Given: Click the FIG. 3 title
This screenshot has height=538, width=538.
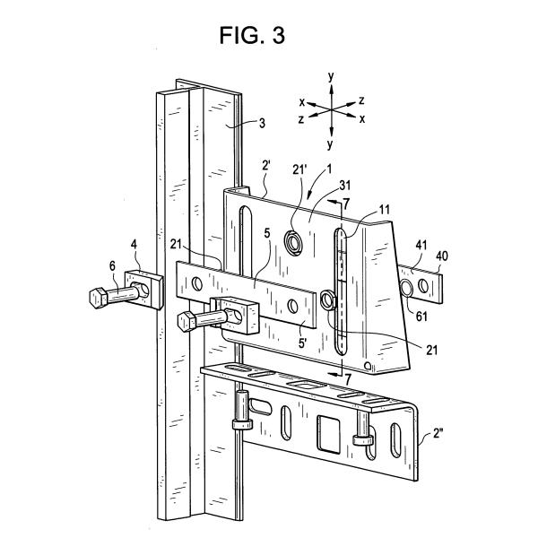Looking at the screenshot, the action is click(252, 35).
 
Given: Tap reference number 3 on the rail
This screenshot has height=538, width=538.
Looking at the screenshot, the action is click(262, 123).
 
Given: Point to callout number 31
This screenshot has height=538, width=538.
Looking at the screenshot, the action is click(345, 186).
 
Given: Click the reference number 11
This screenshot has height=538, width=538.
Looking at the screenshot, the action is click(385, 209).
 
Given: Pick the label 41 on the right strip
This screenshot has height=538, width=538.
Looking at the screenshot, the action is click(421, 245).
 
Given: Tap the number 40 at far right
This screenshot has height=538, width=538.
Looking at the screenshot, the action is click(442, 256).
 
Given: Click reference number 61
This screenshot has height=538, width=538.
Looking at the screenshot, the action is click(421, 316).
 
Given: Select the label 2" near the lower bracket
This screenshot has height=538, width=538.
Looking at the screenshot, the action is click(438, 433).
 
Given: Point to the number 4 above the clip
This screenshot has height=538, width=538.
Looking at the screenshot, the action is click(134, 244).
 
